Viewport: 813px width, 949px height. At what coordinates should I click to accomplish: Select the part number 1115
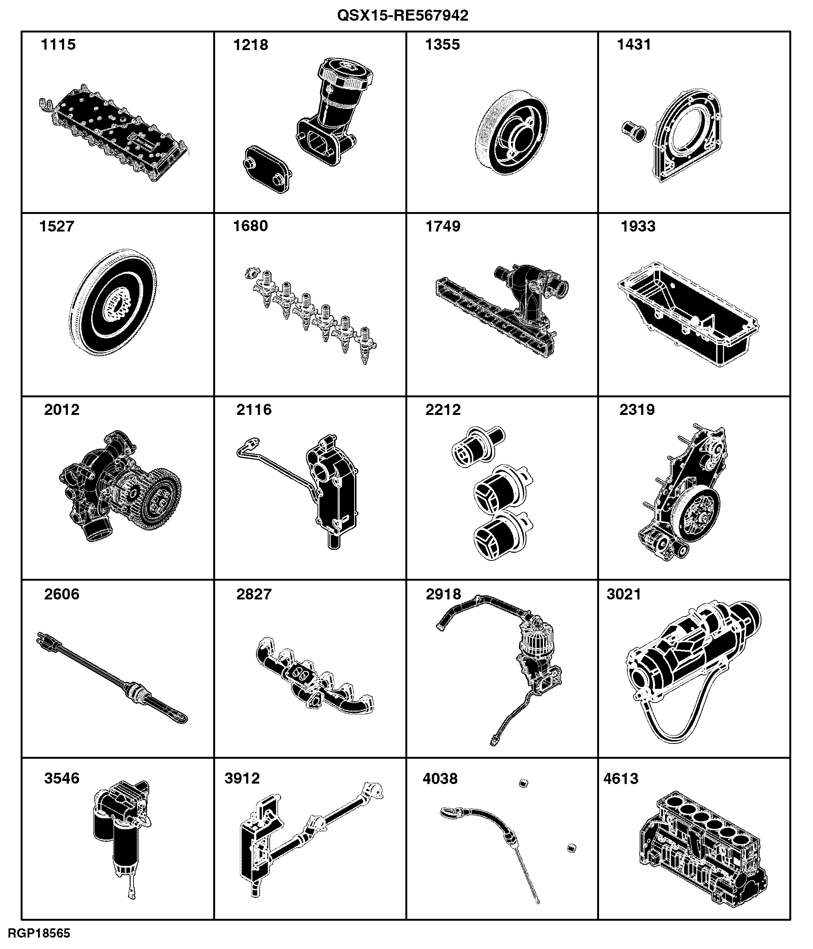(58, 44)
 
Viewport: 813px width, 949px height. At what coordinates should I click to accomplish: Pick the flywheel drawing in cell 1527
(113, 303)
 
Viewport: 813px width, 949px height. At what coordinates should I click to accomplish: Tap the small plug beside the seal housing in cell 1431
(633, 130)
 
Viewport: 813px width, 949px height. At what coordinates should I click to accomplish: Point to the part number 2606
(62, 594)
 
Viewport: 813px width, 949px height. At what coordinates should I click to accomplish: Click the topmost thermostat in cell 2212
(478, 447)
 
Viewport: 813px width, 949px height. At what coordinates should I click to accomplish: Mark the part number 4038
(440, 778)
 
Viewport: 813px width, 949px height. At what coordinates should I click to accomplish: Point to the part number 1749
(443, 226)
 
